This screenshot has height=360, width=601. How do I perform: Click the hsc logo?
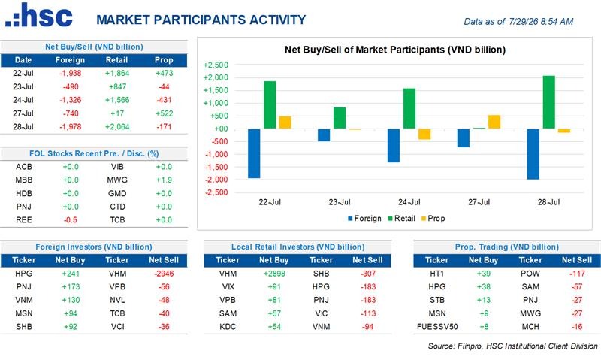click(39, 15)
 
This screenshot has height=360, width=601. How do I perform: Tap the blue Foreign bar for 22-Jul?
click(254, 153)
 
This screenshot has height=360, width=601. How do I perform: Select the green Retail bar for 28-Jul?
click(549, 102)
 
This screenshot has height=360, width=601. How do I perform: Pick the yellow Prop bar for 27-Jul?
click(494, 122)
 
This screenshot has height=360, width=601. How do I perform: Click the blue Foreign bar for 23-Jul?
click(324, 135)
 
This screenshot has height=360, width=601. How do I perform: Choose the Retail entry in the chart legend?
click(401, 219)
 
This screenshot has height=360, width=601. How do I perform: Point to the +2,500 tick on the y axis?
click(216, 65)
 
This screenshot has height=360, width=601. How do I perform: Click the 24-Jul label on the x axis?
click(409, 202)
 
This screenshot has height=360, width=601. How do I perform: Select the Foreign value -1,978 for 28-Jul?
click(70, 127)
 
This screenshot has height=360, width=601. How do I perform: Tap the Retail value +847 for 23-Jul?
click(117, 86)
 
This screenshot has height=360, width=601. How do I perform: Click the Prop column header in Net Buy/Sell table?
click(164, 60)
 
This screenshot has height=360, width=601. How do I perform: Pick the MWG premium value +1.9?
click(164, 180)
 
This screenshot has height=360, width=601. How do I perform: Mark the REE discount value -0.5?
click(70, 220)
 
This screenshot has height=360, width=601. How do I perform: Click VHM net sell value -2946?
click(164, 274)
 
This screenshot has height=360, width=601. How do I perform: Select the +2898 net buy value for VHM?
click(274, 274)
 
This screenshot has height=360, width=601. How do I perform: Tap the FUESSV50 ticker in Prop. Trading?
click(437, 327)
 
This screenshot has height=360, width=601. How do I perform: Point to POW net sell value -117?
click(577, 274)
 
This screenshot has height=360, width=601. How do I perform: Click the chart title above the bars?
click(395, 50)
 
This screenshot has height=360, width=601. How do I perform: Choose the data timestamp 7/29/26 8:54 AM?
click(541, 22)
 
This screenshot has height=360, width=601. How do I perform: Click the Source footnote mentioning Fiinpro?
click(513, 346)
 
